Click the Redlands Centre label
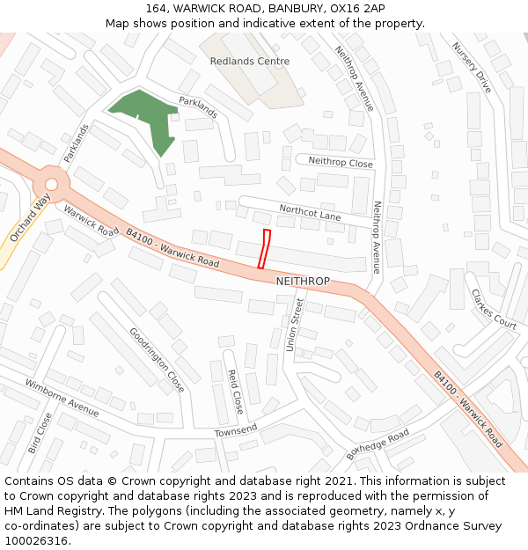(x=250, y=62)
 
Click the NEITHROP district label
(x=303, y=282)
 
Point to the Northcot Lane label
(x=310, y=213)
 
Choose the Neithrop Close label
(x=340, y=163)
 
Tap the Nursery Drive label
(x=472, y=68)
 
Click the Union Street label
(x=296, y=325)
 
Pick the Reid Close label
(x=236, y=392)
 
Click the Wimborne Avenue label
(x=62, y=397)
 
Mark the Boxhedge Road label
(x=378, y=445)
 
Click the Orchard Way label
(x=29, y=219)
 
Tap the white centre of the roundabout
(x=52, y=185)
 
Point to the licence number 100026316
(x=37, y=540)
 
